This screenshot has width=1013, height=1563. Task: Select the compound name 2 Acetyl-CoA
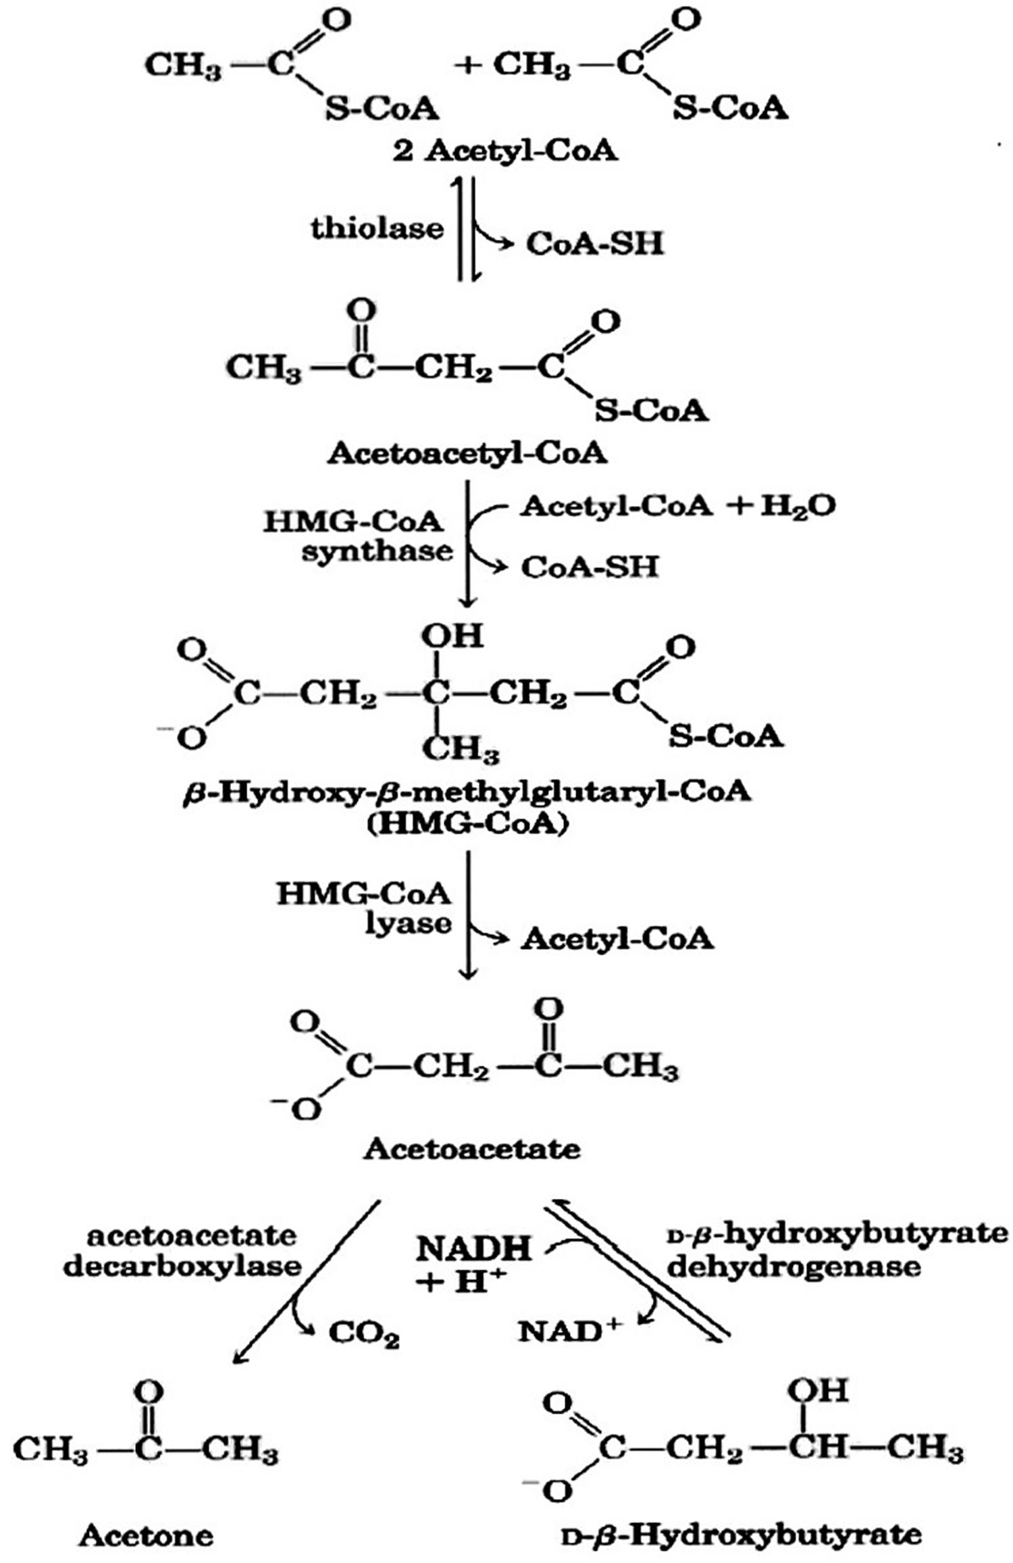pyautogui.click(x=505, y=151)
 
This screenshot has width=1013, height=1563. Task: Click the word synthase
pyautogui.click(x=377, y=551)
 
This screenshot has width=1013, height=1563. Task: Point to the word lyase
pyautogui.click(x=408, y=923)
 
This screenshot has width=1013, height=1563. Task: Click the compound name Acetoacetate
pyautogui.click(x=471, y=1148)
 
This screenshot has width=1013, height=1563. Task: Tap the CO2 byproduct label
pyautogui.click(x=363, y=1335)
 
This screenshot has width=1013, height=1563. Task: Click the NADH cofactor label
pyautogui.click(x=473, y=1250)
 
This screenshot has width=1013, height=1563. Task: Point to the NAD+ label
pyautogui.click(x=569, y=1331)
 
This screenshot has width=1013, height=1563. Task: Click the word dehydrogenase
pyautogui.click(x=794, y=1266)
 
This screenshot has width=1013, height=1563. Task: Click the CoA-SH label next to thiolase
pyautogui.click(x=594, y=244)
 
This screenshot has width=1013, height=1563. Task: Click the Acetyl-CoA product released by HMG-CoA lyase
pyautogui.click(x=617, y=939)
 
